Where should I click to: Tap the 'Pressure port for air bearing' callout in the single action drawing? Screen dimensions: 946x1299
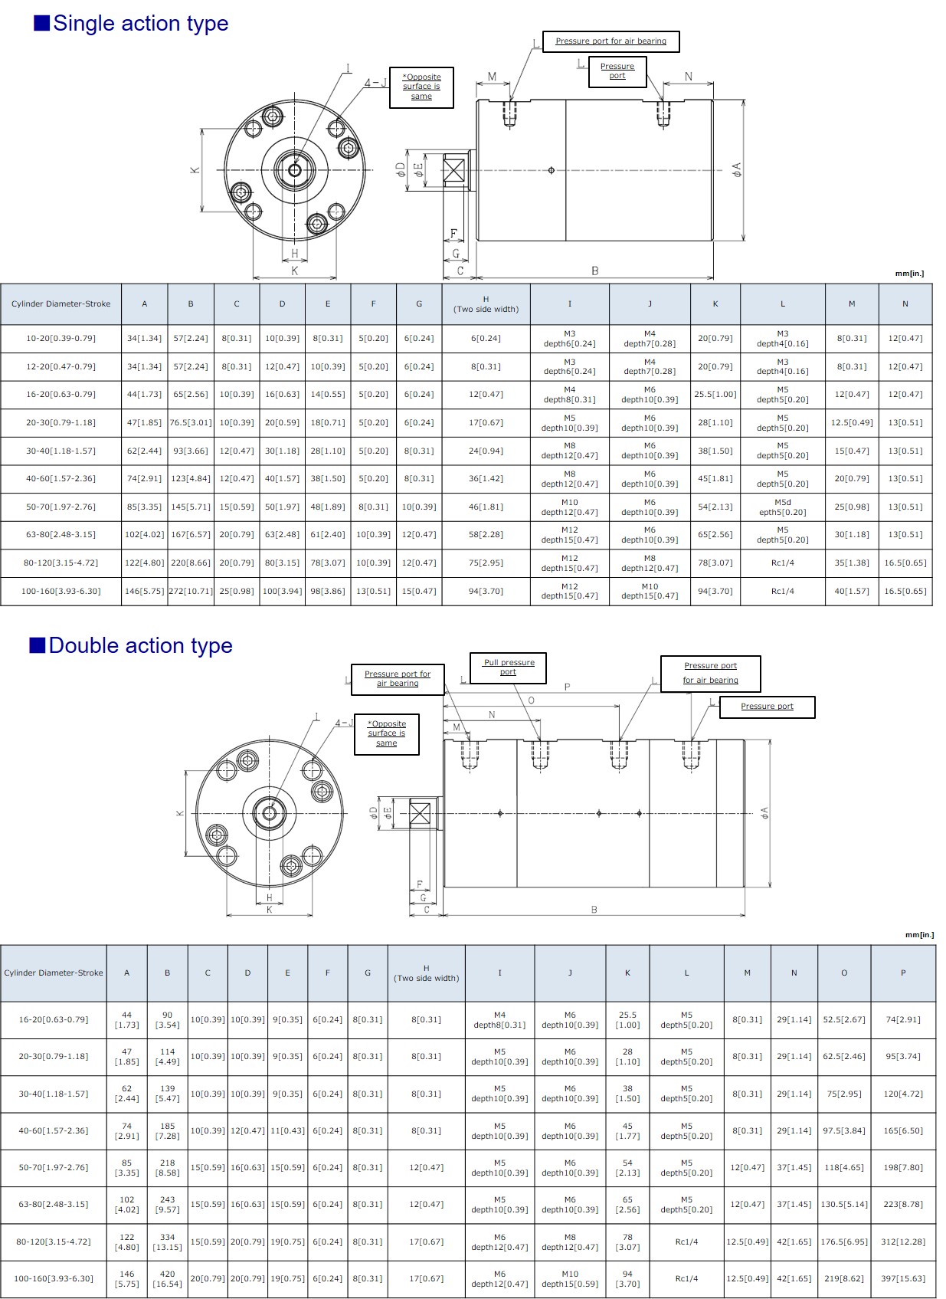pyautogui.click(x=611, y=41)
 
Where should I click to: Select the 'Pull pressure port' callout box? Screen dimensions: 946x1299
pyautogui.click(x=509, y=668)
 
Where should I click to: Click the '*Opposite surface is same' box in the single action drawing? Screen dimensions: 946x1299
pyautogui.click(x=421, y=87)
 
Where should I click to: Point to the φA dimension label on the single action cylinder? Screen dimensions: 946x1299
pyautogui.click(x=736, y=169)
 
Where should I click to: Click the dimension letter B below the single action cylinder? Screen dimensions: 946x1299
pyautogui.click(x=594, y=271)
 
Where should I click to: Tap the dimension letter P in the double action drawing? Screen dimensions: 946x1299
pyautogui.click(x=567, y=687)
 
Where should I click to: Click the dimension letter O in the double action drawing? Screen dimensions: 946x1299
pyautogui.click(x=531, y=700)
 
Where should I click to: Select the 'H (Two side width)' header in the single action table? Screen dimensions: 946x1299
pyautogui.click(x=486, y=304)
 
